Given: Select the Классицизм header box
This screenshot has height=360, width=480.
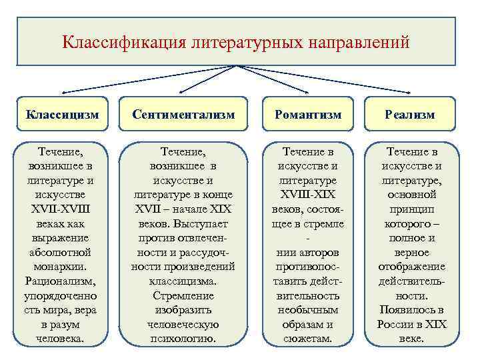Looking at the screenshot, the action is coord(62,115).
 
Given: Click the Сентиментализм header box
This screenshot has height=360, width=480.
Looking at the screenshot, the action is coord(183,115).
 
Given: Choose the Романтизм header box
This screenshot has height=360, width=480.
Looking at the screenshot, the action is coord(307,115).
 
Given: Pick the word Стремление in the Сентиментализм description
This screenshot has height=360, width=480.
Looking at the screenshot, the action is coord(183,296).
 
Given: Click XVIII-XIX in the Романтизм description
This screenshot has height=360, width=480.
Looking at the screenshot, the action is coord(307,195).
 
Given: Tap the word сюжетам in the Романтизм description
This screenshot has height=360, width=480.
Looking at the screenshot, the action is coord(307,339).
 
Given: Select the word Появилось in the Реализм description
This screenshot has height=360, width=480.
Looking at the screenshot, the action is coord(411,310).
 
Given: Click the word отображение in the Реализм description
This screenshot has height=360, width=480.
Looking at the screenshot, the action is coord(411,267).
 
